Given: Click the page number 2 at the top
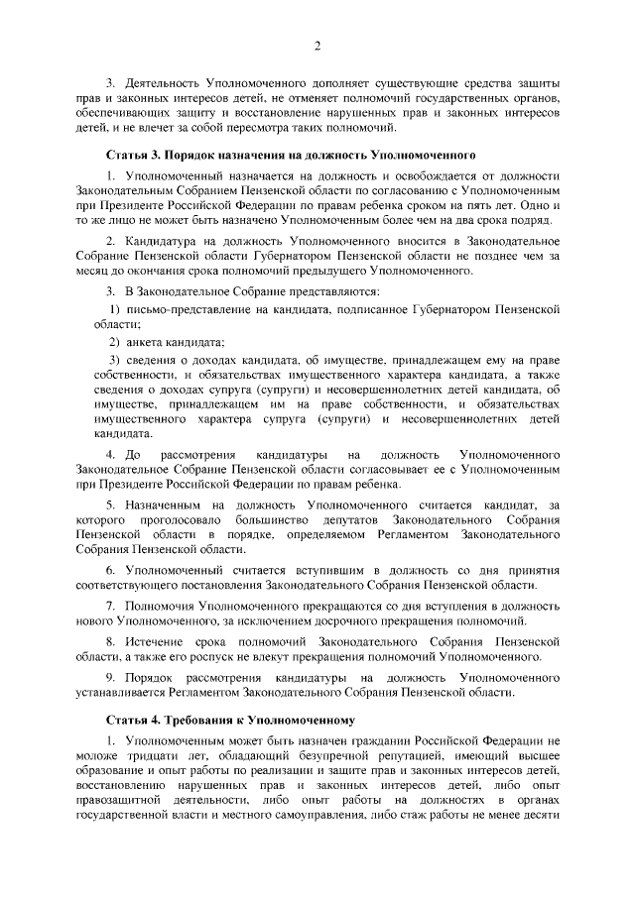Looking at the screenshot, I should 317,46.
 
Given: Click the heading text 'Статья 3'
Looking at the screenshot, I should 132,156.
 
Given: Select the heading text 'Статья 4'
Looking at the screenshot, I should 132,718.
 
